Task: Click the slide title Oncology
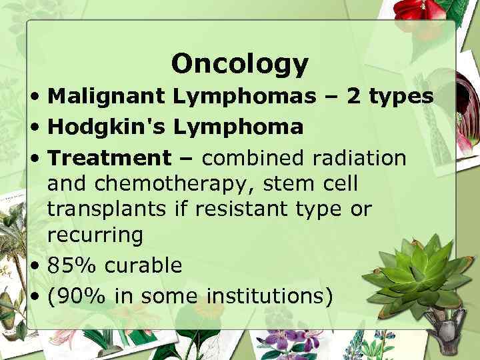pos(240,64)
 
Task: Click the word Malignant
pos(106,97)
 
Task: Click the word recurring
pos(95,235)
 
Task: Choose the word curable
pos(143,265)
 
